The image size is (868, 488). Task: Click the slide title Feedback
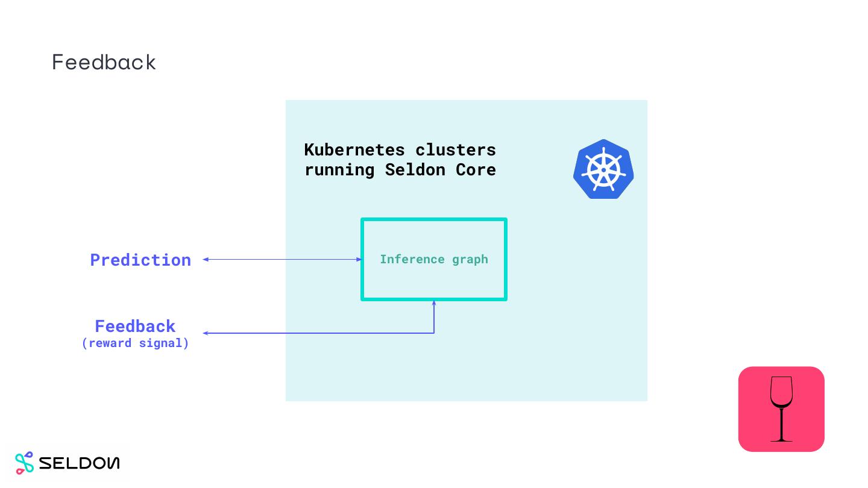coord(104,62)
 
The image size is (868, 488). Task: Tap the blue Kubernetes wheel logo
coord(603,169)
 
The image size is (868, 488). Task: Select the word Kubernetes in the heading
coord(354,149)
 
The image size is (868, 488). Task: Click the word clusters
coord(456,149)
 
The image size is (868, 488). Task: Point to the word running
coord(339,170)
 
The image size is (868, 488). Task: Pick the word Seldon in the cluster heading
coord(415,170)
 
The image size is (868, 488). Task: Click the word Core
coord(476,170)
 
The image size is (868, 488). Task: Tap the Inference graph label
coord(433,259)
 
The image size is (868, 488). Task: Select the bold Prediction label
coord(140,260)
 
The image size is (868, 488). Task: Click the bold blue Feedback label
coord(135,326)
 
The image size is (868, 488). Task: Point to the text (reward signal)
coord(135,343)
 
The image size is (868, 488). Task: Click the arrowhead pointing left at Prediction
coord(206,260)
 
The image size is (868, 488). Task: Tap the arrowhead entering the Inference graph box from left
coord(359,260)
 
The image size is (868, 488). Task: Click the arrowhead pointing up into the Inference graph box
coord(434,303)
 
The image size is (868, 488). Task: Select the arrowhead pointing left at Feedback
coord(206,333)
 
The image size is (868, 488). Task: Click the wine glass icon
coord(781,409)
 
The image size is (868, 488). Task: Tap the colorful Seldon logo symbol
coord(24,463)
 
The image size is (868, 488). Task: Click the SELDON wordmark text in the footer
coord(79,463)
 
